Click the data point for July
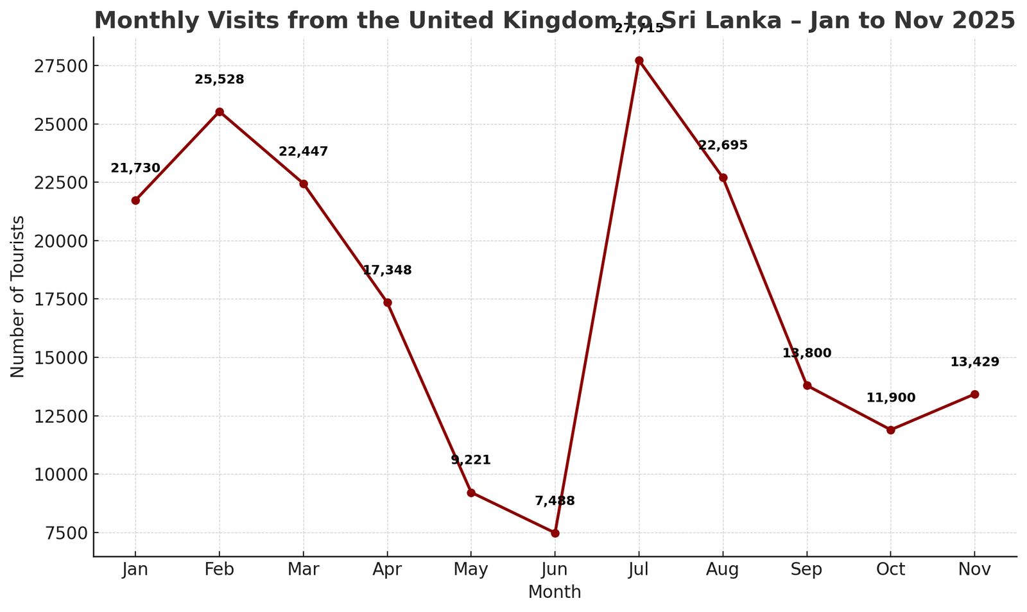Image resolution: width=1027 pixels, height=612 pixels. coord(639,60)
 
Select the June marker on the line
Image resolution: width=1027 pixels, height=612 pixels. coord(555,533)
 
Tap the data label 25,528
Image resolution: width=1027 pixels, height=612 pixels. coord(220,80)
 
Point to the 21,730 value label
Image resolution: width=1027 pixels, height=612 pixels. coord(135,169)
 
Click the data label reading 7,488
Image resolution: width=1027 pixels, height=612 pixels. coord(555,501)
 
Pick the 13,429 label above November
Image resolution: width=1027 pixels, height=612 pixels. coord(974,362)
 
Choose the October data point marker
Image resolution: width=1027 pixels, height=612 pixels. coord(890,430)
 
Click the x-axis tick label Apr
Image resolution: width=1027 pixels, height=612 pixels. coord(387,570)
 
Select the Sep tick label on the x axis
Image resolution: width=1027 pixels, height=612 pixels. coord(807,570)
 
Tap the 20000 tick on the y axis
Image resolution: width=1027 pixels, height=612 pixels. coord(60,241)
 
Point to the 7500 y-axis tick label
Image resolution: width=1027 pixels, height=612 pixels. coord(64,533)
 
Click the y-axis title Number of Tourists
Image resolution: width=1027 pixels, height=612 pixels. coord(18,296)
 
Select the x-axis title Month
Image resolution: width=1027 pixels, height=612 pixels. coord(555,592)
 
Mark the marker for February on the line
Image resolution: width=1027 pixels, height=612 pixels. coord(220,112)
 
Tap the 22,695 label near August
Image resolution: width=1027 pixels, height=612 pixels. coord(723,146)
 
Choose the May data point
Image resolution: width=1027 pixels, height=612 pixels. coord(471,493)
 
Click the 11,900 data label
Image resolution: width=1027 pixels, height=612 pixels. coord(890,398)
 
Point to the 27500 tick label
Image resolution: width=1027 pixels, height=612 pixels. coord(60,66)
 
